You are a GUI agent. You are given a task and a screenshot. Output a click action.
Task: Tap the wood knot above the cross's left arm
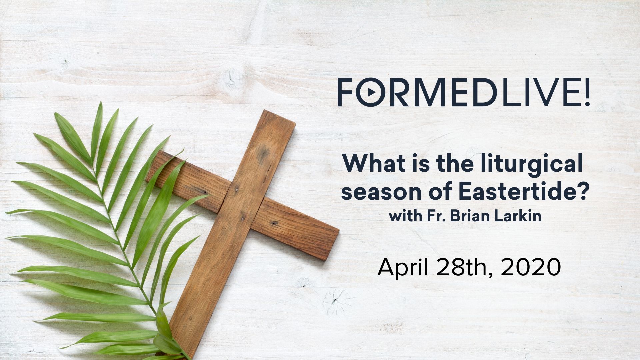230,75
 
